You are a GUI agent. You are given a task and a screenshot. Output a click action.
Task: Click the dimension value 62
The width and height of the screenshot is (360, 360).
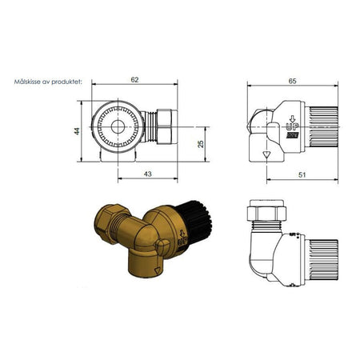click(134, 80)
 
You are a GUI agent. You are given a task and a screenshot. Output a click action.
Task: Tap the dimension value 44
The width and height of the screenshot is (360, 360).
click(77, 131)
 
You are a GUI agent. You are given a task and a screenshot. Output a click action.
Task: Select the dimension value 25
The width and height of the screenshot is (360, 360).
click(201, 144)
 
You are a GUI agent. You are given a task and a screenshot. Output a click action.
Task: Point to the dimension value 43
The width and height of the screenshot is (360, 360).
click(147, 174)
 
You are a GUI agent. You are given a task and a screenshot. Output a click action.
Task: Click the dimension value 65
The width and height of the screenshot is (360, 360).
click(293, 81)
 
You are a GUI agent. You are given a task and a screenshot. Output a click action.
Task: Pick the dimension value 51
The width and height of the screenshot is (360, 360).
click(302, 175)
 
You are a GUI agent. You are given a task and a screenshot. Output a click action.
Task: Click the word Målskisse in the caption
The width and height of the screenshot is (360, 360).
click(26, 82)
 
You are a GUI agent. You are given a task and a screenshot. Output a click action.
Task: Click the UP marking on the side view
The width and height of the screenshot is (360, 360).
click(292, 126)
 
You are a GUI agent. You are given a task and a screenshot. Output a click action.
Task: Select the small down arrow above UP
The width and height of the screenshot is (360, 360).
click(293, 118)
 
